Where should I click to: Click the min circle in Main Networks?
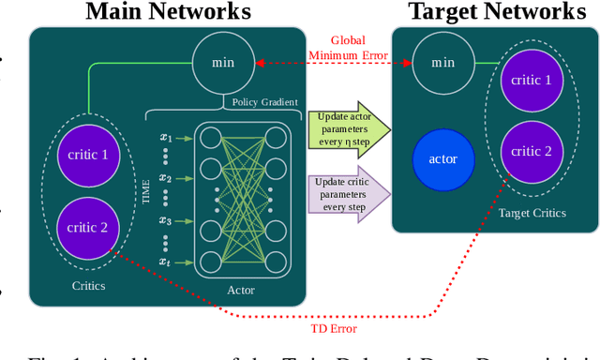(x=223, y=63)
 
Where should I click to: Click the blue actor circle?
(x=442, y=158)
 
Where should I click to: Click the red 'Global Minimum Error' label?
(x=346, y=48)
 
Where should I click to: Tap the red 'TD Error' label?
(x=333, y=328)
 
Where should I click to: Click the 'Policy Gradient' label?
(x=265, y=101)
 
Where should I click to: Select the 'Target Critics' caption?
(x=532, y=213)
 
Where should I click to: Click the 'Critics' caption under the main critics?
(x=88, y=285)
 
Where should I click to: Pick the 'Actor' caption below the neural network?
(x=240, y=291)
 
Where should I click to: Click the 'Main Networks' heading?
(x=169, y=12)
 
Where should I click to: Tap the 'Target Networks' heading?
(x=496, y=12)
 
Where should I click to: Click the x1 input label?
(x=166, y=137)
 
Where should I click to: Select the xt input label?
(x=166, y=262)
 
